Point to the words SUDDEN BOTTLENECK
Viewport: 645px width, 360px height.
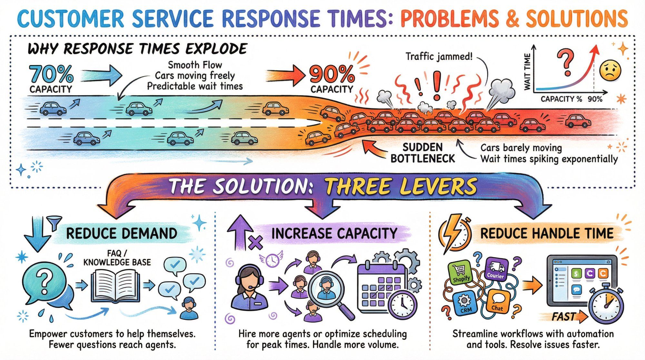tap(422, 153)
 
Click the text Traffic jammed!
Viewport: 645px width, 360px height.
tap(439, 57)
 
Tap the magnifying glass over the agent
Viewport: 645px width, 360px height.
tap(326, 289)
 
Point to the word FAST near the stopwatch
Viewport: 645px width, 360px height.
tap(564, 317)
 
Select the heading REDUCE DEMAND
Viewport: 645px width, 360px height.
tap(122, 234)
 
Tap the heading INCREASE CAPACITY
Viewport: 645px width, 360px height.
tap(334, 234)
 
